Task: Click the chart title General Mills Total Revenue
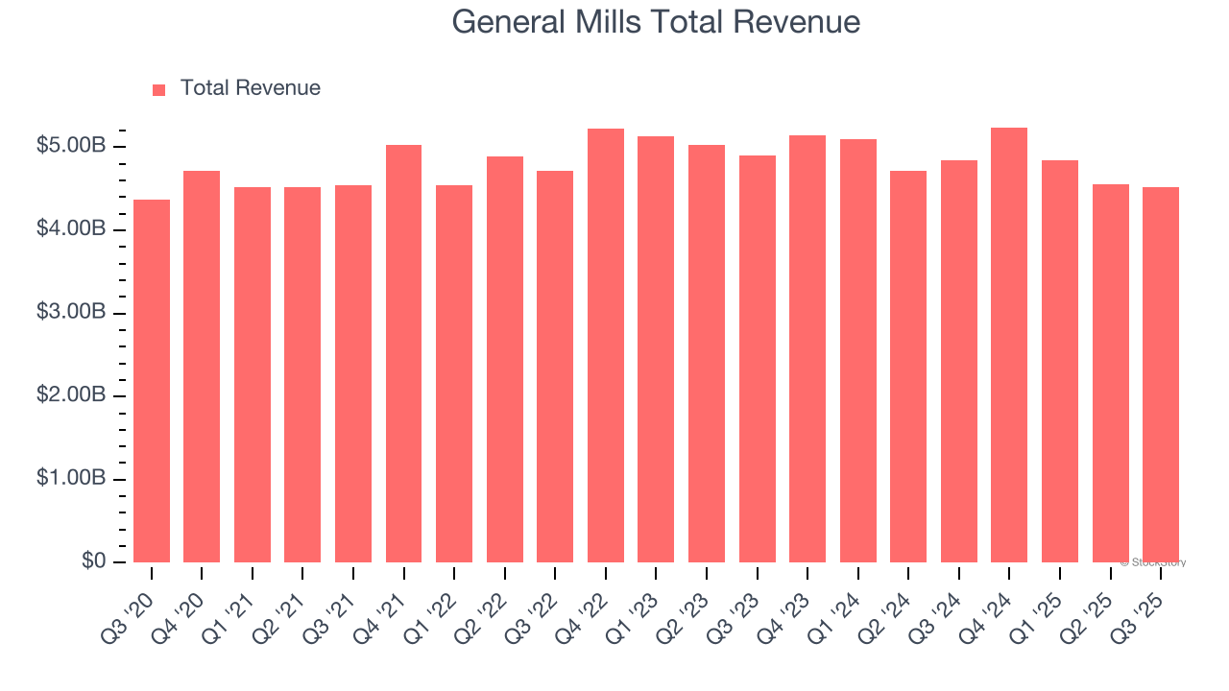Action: point(656,22)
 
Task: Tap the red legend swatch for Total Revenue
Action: point(159,89)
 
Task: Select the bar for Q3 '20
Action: point(152,381)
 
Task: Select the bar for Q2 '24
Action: point(908,367)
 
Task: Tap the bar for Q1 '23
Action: point(656,349)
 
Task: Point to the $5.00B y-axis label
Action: point(71,147)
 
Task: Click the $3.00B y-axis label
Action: point(71,313)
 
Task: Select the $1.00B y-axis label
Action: point(71,479)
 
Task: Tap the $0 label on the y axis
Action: point(92,561)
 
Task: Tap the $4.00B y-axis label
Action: point(71,230)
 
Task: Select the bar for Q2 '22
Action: point(505,359)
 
